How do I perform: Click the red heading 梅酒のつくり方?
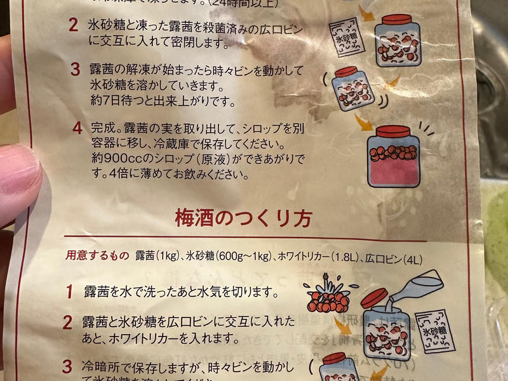click(243, 219)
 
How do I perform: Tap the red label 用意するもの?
click(97, 256)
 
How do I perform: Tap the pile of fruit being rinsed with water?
click(326, 298)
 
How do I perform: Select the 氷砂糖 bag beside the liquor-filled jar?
click(435, 330)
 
